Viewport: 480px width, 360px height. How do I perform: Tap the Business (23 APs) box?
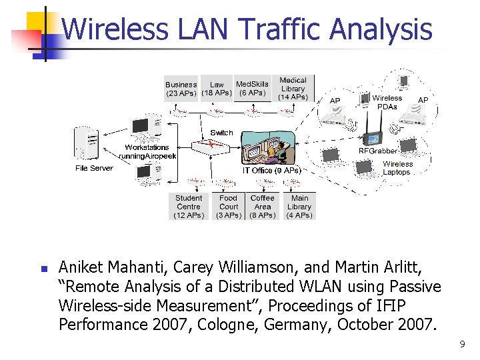[x=181, y=89]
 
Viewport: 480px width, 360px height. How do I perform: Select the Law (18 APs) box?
[x=217, y=89]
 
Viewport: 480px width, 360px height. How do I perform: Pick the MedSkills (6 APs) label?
[x=253, y=88]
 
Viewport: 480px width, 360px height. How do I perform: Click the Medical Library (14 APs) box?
[x=293, y=89]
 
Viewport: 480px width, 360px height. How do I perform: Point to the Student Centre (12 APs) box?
[x=189, y=207]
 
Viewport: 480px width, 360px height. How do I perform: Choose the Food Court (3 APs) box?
[x=229, y=207]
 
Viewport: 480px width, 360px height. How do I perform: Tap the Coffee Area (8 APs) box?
[x=262, y=207]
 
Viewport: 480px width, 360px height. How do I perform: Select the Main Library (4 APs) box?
[x=299, y=207]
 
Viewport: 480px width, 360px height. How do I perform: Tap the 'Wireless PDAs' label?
[x=387, y=102]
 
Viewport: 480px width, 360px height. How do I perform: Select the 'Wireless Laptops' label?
[x=397, y=168]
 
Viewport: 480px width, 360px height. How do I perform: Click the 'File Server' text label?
[x=94, y=169]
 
